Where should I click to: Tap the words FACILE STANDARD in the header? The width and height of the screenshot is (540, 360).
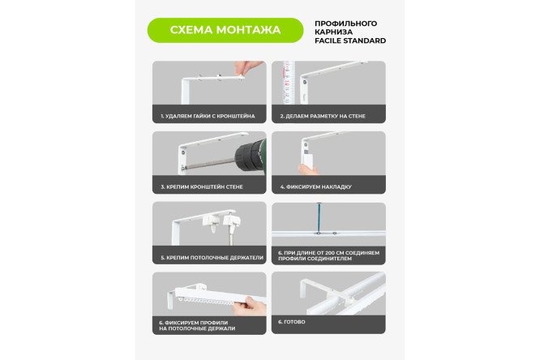point(349,41)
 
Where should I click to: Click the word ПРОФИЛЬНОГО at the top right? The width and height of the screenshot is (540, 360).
point(345,24)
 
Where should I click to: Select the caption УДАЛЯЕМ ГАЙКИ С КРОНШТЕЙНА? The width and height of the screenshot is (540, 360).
point(208,116)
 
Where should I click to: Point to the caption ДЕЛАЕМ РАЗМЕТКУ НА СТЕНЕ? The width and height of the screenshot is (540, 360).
point(323,116)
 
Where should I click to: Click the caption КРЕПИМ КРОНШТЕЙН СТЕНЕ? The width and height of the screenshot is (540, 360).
point(201,186)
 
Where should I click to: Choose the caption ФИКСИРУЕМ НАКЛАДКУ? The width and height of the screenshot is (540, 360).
point(315,186)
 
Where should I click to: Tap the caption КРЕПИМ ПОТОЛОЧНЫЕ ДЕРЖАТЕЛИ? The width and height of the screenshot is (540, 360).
point(211,257)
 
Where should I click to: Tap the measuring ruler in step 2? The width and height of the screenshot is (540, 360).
point(285,84)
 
